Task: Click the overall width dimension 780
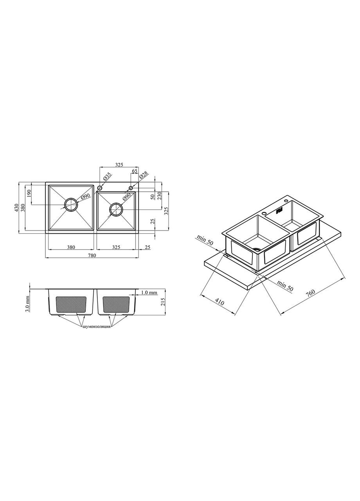pos(92,255)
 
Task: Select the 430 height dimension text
pos(16,207)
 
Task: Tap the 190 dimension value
pos(29,193)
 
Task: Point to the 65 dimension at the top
pos(134,171)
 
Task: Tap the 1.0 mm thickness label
pos(149,292)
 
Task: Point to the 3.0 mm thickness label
pos(27,303)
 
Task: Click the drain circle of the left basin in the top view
pos(71,205)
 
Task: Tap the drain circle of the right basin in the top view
pos(116,209)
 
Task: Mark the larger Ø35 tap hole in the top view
pos(100,188)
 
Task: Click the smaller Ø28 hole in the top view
pos(131,188)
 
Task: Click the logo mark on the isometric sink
pos(279,211)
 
